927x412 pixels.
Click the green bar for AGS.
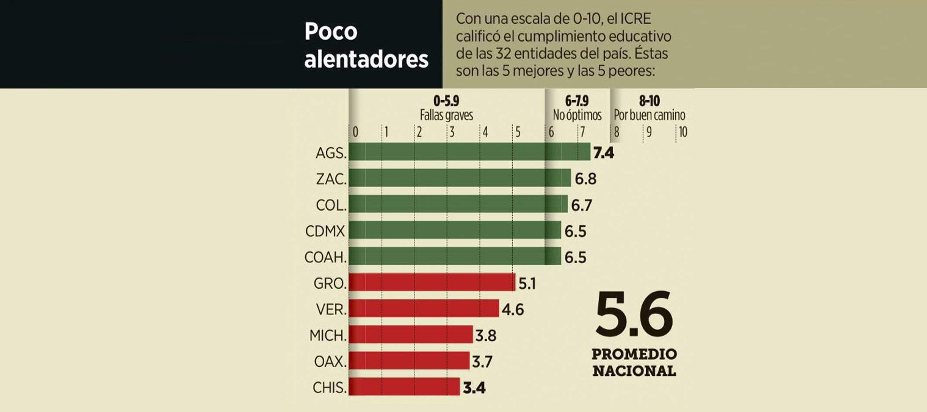pos(469,152)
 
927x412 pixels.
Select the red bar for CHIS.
pos(404,387)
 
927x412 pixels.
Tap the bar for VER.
pos(423,308)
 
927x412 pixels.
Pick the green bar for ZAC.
pos(460,178)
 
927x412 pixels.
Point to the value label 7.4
pos(603,153)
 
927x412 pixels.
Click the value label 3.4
pos(474,388)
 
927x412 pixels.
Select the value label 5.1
pos(527,283)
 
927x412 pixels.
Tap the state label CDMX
pos(325,231)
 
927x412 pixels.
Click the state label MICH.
pos(328,335)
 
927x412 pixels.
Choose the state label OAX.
pos(330,361)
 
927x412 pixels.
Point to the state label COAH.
pos(325,257)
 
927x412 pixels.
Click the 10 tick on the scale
pos(683,132)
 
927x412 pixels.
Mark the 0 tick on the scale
pos(355,132)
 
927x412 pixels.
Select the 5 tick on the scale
pos(518,132)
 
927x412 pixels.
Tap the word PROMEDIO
pos(634,354)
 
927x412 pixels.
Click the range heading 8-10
pos(649,101)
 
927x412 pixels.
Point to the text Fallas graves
pos(446,115)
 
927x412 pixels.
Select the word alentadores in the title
pos(366,59)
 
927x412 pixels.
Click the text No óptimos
pos(577,115)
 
